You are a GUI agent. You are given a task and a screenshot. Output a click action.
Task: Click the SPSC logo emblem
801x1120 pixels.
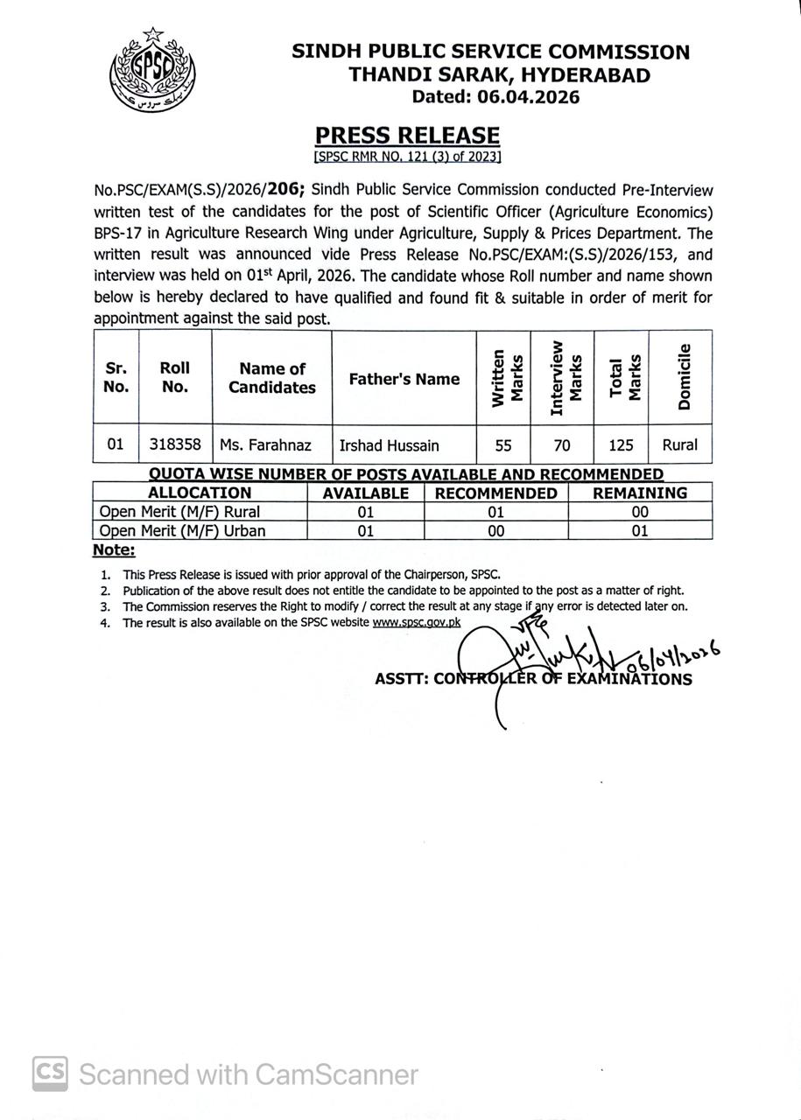tap(152, 69)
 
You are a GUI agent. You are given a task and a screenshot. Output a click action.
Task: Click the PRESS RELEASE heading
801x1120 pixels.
tap(407, 135)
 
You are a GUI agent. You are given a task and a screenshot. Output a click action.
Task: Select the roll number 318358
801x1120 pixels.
tap(175, 444)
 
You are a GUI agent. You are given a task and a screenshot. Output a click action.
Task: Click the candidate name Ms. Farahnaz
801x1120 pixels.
tap(265, 445)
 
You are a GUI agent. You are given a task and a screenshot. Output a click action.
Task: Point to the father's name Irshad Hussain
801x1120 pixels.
tap(390, 445)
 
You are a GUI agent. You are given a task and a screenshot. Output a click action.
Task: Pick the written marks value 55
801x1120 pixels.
tap(503, 445)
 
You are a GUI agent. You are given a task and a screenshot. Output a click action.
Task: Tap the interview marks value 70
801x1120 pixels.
tap(562, 445)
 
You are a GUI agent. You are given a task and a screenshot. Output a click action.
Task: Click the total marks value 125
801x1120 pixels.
tap(621, 445)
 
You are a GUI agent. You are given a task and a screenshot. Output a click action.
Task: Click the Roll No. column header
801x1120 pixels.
tap(175, 377)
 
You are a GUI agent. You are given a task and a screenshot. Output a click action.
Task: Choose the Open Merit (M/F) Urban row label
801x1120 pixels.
tap(182, 530)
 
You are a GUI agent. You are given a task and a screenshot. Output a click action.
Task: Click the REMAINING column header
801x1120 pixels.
tap(640, 493)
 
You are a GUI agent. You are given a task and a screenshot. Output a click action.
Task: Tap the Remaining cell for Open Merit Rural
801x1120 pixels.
tap(640, 512)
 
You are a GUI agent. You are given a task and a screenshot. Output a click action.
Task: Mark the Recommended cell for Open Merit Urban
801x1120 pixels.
tap(495, 530)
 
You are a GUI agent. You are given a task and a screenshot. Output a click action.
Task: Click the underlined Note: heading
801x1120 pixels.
tap(114, 550)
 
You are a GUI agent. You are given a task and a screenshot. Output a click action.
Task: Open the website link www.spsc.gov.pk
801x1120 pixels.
tap(417, 622)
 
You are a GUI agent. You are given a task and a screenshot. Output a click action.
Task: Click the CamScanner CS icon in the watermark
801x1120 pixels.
tap(51, 1073)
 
